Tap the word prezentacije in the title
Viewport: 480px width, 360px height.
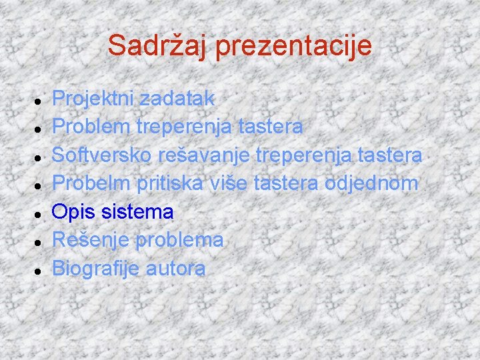(293, 45)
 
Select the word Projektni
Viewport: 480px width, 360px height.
(91, 99)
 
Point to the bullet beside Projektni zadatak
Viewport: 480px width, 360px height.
(41, 99)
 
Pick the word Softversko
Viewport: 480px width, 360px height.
(102, 155)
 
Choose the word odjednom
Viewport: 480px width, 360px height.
(371, 183)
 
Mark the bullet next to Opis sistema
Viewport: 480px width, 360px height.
(41, 213)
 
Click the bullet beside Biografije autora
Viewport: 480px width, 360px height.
(41, 271)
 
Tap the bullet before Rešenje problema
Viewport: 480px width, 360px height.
(41, 242)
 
